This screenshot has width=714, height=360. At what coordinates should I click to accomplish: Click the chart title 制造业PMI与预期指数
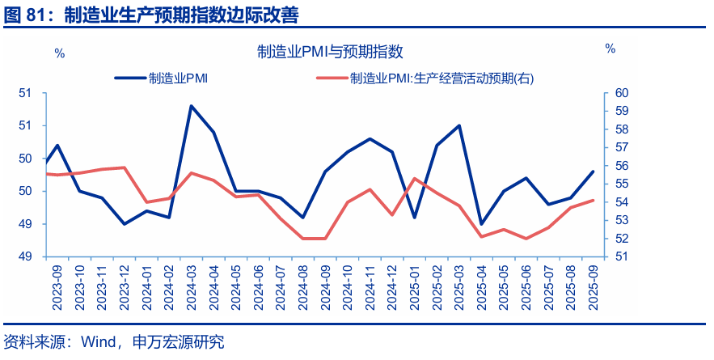pyautogui.click(x=330, y=53)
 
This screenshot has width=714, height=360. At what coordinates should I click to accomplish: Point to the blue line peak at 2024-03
pyautogui.click(x=191, y=106)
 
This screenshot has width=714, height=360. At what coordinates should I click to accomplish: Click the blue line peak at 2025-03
pyautogui.click(x=459, y=125)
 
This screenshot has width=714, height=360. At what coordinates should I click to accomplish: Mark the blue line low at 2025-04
pyautogui.click(x=481, y=224)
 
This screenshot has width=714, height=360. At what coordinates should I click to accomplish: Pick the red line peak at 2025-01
pyautogui.click(x=415, y=179)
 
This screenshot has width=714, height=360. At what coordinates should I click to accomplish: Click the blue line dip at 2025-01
pyautogui.click(x=415, y=218)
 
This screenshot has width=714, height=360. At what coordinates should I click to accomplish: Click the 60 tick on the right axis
pyautogui.click(x=622, y=93)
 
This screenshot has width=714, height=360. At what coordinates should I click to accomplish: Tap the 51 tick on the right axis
pyautogui.click(x=622, y=257)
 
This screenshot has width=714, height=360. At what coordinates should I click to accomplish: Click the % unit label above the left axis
pyautogui.click(x=59, y=53)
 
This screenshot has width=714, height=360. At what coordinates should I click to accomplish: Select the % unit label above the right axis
pyautogui.click(x=610, y=49)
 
